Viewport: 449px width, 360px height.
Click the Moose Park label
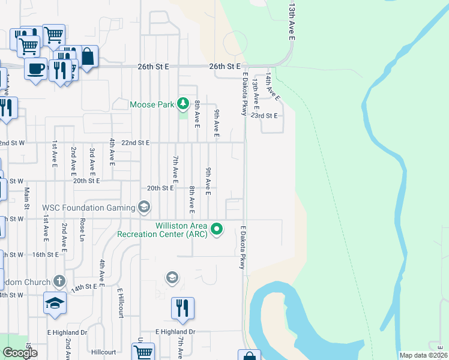152,105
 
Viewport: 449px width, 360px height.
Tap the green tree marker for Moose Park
183,105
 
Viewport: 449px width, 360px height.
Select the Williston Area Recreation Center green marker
217,229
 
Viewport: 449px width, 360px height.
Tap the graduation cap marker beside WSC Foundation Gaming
144,208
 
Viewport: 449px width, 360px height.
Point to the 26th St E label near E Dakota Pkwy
224,66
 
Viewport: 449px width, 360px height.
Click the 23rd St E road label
265,115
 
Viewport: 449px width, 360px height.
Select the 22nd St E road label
134,143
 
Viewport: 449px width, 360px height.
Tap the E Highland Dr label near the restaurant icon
175,332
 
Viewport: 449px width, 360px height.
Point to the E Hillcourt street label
120,303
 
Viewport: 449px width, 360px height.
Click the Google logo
20,353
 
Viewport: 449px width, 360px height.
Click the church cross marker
59,280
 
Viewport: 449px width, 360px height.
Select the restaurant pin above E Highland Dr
182,308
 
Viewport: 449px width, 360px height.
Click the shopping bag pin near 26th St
88,57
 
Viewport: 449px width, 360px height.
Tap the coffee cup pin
35,68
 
